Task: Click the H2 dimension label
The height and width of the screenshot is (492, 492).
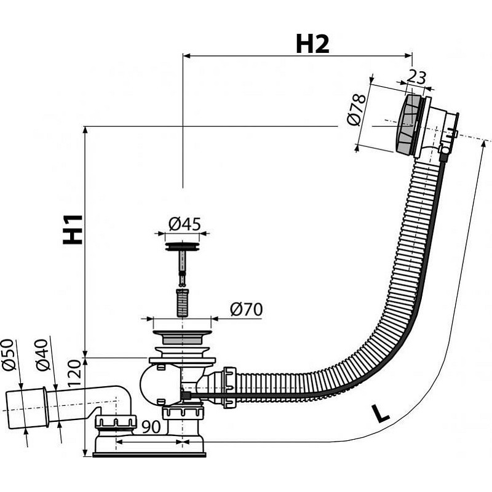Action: coord(312,44)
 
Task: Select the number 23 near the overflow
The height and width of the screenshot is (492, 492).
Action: coord(417,77)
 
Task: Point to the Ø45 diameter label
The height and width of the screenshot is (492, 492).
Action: coord(184,224)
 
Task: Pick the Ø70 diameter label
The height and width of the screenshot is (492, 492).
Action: coord(246,310)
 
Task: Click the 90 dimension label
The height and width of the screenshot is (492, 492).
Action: coord(151,427)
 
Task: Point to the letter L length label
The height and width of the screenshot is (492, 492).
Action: coord(381,414)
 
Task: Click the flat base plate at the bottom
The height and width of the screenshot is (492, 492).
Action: coord(149,454)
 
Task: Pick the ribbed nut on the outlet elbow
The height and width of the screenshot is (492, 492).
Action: coord(115,422)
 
